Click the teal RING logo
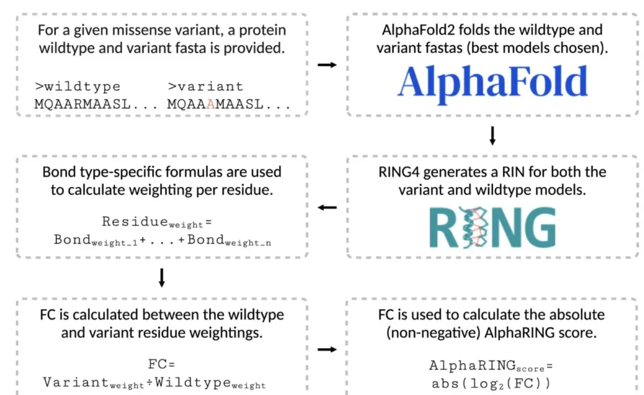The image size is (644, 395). click(493, 228)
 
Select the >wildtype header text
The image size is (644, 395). click(78, 86)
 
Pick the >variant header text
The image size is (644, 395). click(206, 86)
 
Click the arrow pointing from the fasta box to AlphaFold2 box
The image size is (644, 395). click(327, 65)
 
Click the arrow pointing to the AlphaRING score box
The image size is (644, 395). click(327, 350)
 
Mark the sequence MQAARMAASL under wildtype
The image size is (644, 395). click(83, 104)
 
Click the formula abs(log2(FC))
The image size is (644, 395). click(492, 384)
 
